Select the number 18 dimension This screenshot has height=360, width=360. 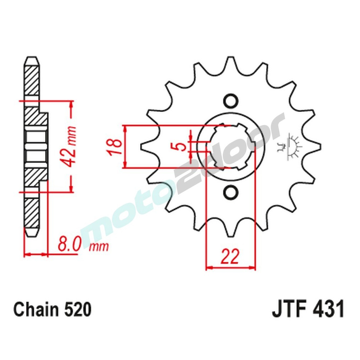pyautogui.click(x=112, y=147)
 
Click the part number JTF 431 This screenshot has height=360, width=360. pyautogui.click(x=308, y=310)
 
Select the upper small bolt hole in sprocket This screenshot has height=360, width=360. pyautogui.click(x=230, y=100)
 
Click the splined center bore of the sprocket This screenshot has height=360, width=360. pyautogui.click(x=230, y=146)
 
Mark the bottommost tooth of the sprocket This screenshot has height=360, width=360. pyautogui.click(x=230, y=232)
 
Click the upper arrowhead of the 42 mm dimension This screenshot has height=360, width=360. pyautogui.click(x=72, y=104)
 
